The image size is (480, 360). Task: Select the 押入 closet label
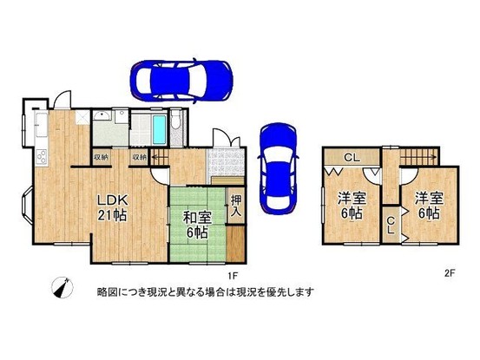point(236,206)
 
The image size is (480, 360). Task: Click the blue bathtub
point(161,130)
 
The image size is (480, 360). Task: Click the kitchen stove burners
point(39,158)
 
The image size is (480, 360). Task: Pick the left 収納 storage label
point(101,158)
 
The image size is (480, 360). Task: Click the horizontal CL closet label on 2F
point(351,158)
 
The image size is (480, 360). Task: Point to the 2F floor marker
point(449,274)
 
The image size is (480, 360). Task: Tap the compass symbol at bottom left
point(62,289)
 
